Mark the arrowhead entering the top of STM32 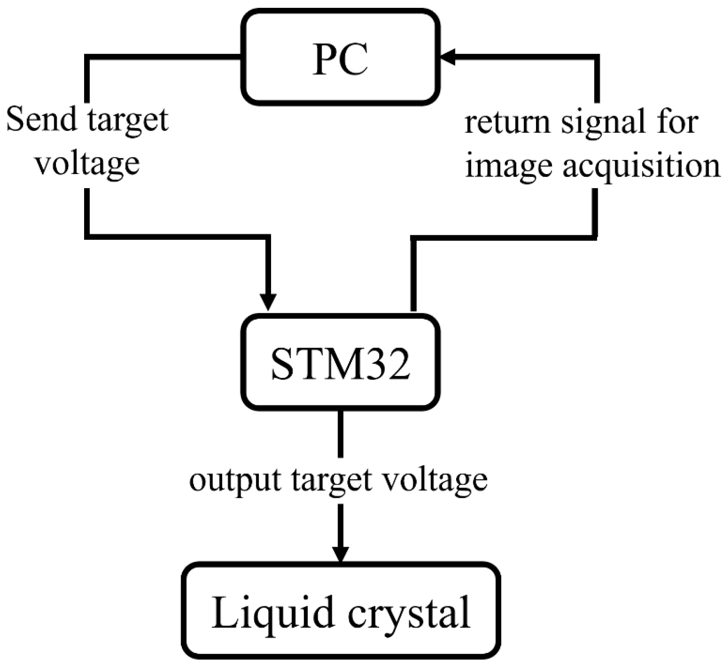(268, 302)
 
